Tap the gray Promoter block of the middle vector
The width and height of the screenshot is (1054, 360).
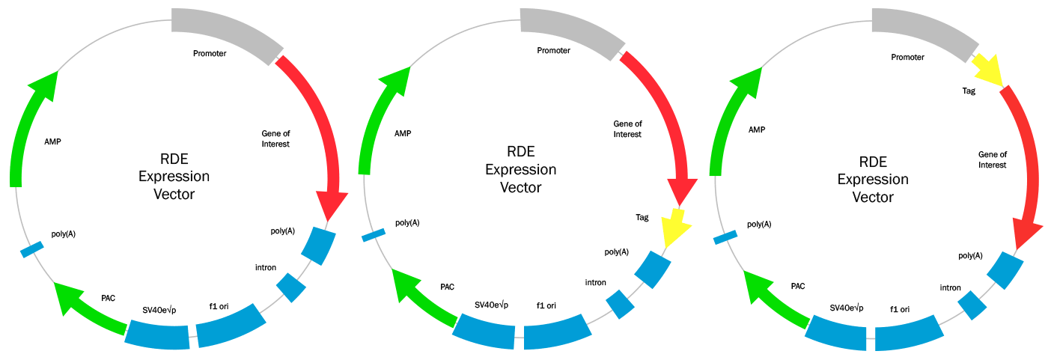[573, 29]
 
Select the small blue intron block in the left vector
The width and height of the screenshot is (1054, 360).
[291, 287]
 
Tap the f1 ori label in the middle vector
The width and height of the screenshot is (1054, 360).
[546, 305]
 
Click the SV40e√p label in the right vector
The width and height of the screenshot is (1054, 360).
[847, 308]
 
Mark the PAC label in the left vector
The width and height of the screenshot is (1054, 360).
[108, 297]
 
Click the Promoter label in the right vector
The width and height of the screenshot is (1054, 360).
[907, 57]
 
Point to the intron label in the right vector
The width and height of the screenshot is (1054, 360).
[950, 287]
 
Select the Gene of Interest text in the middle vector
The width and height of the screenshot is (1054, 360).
[627, 129]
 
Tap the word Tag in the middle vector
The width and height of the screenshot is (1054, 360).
[642, 218]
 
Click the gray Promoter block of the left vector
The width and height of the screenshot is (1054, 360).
[225, 30]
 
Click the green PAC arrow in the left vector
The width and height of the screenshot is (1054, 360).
[90, 308]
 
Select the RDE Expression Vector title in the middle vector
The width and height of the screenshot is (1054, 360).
[520, 171]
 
